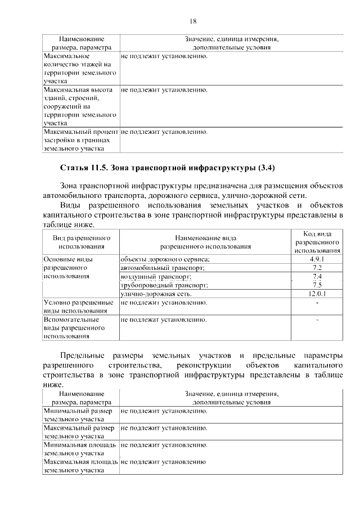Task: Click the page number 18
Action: pos(192,21)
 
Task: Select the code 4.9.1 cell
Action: pos(317,259)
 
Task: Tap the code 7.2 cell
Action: pos(317,268)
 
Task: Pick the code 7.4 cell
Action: pos(317,277)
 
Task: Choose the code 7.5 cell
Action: pos(317,285)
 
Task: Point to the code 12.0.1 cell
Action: pos(317,294)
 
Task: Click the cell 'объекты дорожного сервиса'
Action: pos(165,259)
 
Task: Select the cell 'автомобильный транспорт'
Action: pos(163,268)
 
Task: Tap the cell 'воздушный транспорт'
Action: pos(156,277)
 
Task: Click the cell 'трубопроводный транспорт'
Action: pos(164,285)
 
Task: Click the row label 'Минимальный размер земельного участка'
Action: pos(74,415)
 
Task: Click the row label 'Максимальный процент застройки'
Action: pos(79,141)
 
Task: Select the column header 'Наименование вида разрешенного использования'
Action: pos(205,242)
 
